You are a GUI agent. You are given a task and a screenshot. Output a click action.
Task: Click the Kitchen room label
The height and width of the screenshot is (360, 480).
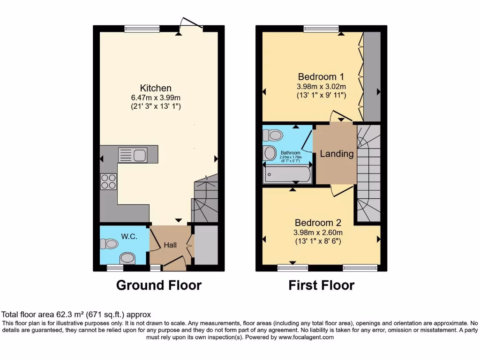pyautogui.click(x=156, y=88)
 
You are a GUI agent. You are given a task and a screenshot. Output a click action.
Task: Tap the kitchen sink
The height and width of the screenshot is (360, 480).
pyautogui.click(x=133, y=154)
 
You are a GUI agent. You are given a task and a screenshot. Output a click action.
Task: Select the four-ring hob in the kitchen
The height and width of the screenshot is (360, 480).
pyautogui.click(x=109, y=181)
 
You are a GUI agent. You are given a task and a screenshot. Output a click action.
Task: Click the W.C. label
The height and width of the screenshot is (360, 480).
pyautogui.click(x=129, y=237)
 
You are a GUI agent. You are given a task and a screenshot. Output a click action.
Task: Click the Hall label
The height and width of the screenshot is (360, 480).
pyautogui.click(x=170, y=245)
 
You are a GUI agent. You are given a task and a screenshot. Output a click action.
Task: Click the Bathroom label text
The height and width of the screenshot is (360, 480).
pyautogui.click(x=290, y=153)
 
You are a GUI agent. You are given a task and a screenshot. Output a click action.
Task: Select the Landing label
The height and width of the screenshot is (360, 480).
pyautogui.click(x=337, y=154)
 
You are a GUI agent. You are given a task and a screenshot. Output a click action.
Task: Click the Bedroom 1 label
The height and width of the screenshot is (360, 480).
pyautogui.click(x=321, y=77)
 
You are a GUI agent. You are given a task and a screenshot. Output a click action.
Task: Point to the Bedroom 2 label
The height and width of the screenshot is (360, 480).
pyautogui.click(x=317, y=223)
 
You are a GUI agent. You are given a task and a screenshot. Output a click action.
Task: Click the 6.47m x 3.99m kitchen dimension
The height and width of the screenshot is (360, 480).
pyautogui.click(x=156, y=97)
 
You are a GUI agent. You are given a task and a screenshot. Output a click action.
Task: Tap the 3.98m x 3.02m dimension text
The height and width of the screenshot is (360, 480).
pyautogui.click(x=321, y=87)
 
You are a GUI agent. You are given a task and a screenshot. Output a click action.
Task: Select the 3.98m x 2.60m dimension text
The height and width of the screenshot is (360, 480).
pyautogui.click(x=318, y=232)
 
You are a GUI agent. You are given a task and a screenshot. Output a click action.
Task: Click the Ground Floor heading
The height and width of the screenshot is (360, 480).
pyautogui.click(x=158, y=285)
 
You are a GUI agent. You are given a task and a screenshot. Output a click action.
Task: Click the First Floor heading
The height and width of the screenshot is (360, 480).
pyautogui.click(x=321, y=285)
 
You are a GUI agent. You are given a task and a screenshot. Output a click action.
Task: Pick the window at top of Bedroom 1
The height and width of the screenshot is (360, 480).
pyautogui.click(x=317, y=29)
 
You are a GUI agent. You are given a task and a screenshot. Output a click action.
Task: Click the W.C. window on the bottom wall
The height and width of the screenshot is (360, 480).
pyautogui.click(x=115, y=268)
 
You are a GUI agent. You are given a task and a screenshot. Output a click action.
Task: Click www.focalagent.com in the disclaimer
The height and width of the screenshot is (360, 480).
pyautogui.click(x=306, y=337)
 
